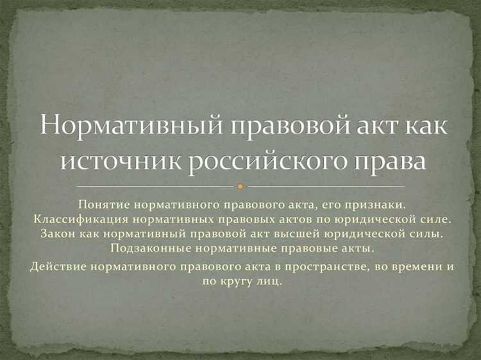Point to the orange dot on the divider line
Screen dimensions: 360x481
(240, 187)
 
